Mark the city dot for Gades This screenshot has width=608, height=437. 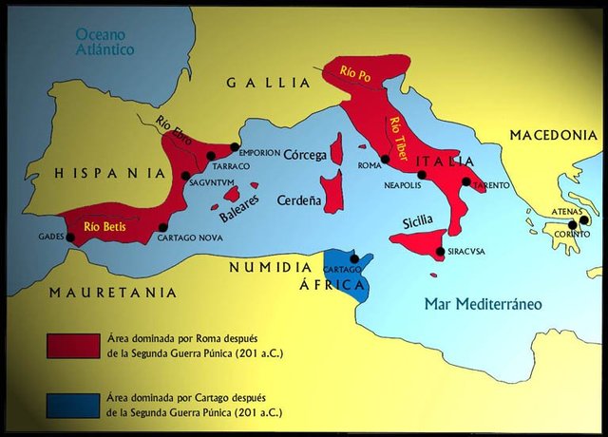click(x=69, y=237)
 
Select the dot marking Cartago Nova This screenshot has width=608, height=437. click(x=163, y=227)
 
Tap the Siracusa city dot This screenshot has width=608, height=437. click(x=439, y=252)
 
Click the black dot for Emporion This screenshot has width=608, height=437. click(x=235, y=147)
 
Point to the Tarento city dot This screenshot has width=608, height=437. click(x=465, y=181)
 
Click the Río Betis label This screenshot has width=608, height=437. click(x=104, y=226)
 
